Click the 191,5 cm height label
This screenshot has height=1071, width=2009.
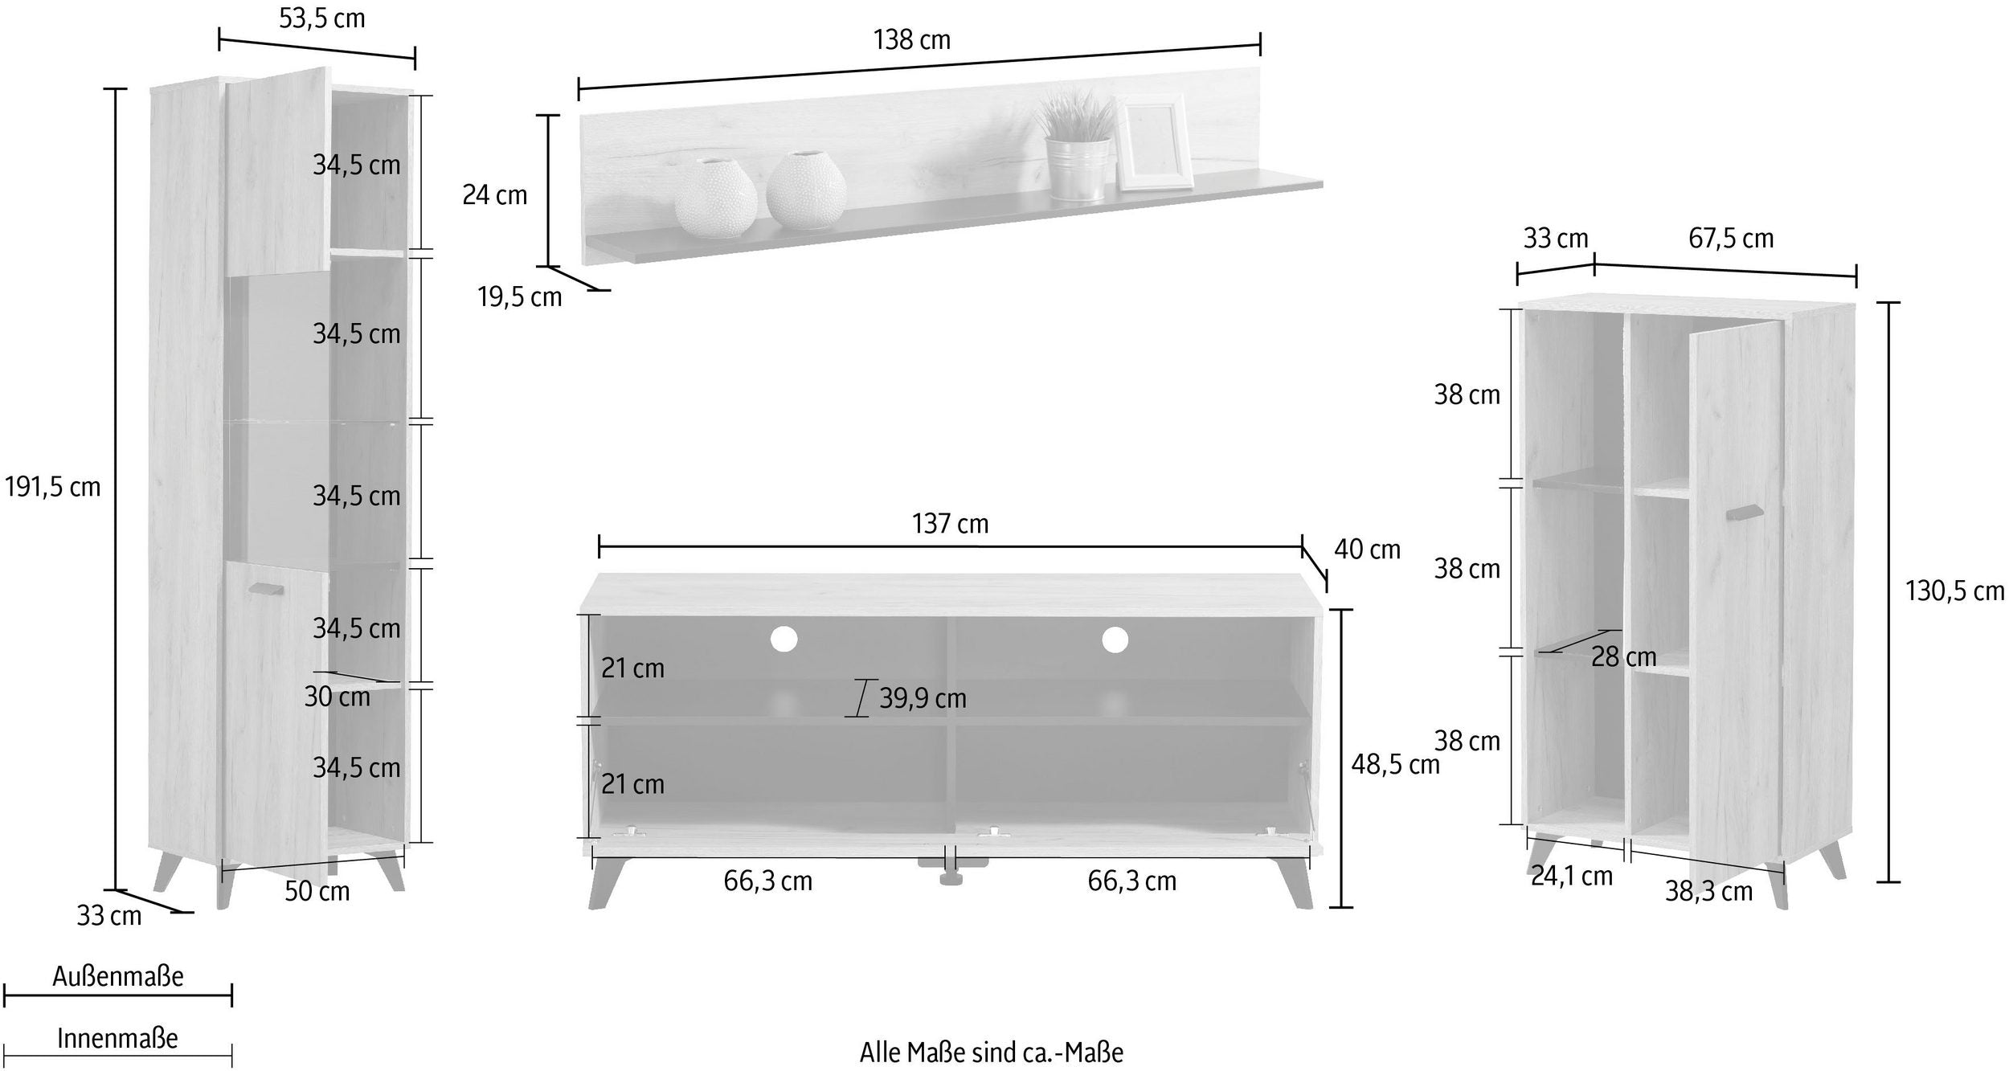coord(53,487)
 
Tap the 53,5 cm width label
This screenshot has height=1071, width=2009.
coord(322,18)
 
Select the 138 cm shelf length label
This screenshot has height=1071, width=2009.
coord(912,39)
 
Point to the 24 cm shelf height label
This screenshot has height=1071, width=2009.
coord(495,194)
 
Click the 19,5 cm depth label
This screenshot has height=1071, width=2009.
coord(520,297)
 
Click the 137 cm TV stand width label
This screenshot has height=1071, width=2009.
coord(951,524)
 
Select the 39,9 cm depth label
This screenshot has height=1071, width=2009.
coord(923,698)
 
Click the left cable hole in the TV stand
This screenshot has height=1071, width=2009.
coord(784,640)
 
